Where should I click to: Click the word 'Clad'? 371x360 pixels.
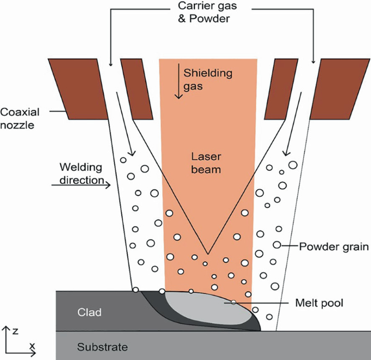(x=89, y=313)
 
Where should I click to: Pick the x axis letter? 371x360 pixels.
(x=32, y=346)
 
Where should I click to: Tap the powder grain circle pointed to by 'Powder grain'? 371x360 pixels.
(x=277, y=246)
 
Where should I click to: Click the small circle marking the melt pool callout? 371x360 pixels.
(x=233, y=303)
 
